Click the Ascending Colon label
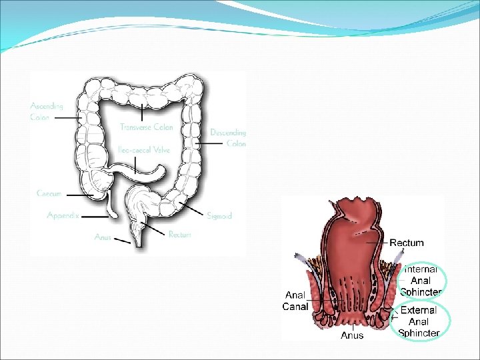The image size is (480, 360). click(x=47, y=111)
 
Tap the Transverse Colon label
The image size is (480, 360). click(x=146, y=127)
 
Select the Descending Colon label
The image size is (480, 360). click(x=228, y=138)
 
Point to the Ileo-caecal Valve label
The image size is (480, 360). click(x=144, y=150)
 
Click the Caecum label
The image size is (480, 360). click(x=49, y=194)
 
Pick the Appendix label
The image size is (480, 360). click(x=63, y=215)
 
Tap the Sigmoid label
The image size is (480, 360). click(x=219, y=216)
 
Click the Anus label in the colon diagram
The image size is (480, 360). click(x=103, y=237)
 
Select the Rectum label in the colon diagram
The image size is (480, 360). click(x=180, y=235)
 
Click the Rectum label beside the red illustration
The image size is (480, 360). click(x=406, y=243)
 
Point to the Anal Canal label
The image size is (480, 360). click(x=295, y=301)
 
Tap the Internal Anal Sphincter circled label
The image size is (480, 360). click(x=420, y=281)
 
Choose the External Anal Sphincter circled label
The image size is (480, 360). click(x=419, y=321)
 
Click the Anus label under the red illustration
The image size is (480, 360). click(x=352, y=335)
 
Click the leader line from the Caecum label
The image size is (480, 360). click(x=79, y=195)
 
